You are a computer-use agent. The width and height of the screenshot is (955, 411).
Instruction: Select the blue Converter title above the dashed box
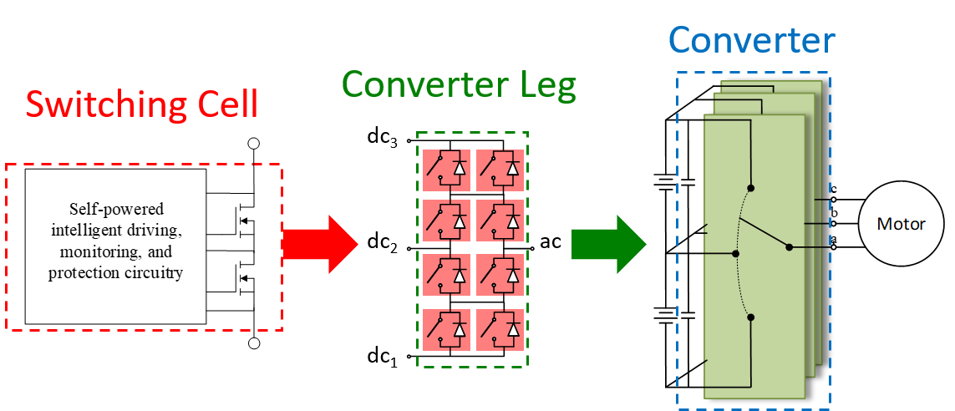751,40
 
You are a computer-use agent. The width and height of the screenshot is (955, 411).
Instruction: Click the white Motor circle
901,224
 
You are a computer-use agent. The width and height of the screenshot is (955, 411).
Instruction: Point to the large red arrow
321,244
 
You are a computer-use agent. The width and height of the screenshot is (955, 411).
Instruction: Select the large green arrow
608,244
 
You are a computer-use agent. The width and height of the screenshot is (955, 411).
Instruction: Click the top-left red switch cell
446,170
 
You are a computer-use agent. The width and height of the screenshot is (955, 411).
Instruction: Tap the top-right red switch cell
500,170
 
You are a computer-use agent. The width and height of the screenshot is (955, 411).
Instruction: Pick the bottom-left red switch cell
446,329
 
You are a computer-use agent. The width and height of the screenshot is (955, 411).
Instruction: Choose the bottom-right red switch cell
500,329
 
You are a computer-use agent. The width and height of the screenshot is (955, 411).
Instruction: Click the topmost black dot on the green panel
751,188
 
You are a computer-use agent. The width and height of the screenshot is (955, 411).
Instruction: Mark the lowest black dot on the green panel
751,317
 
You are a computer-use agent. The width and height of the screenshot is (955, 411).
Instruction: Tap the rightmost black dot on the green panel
789,247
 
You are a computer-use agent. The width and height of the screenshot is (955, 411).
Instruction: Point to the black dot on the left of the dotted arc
735,253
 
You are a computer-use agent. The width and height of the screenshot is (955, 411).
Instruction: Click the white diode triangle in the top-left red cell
459,170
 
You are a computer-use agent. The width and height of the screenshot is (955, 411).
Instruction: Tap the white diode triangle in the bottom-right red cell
512,329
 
